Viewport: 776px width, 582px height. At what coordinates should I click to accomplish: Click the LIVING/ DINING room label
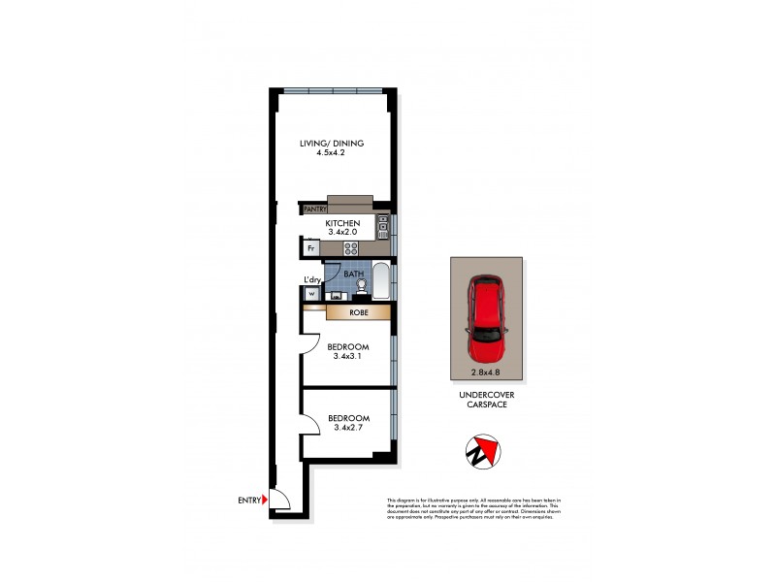coord(331,144)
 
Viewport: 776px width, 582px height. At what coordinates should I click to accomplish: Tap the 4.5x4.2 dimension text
coord(331,153)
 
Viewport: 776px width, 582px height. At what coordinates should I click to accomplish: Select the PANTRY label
coord(314,209)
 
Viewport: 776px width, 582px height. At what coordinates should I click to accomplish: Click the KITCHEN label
coord(342,222)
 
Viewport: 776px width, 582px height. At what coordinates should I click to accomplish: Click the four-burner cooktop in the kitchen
coord(351,248)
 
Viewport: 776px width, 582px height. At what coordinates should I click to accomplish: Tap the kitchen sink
coord(382,230)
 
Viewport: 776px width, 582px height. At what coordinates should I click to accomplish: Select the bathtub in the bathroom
coord(381,282)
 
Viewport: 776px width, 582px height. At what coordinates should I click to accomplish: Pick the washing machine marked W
coord(312,294)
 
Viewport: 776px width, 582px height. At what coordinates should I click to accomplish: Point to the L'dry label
coord(312,280)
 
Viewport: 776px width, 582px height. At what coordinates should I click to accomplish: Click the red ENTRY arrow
coord(266,501)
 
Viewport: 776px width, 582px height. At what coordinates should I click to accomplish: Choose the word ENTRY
coord(248,501)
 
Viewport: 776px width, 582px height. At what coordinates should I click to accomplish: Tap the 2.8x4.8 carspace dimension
coord(486,371)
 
